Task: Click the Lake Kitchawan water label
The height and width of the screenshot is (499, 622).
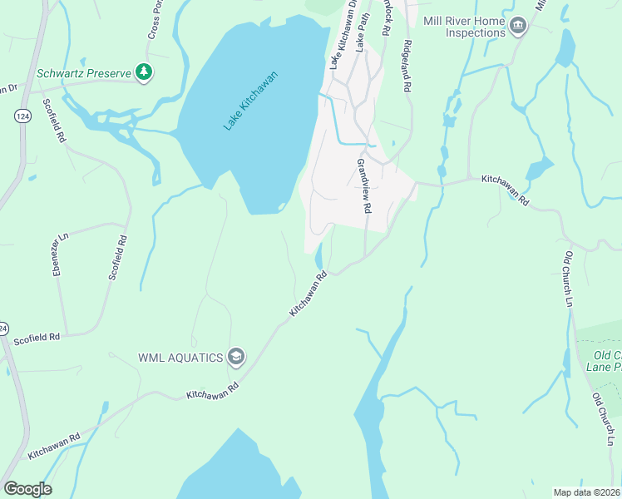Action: tap(249, 101)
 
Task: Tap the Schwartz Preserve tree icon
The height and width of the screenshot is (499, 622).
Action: tap(146, 73)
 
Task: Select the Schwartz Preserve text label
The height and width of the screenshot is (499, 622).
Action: tap(84, 73)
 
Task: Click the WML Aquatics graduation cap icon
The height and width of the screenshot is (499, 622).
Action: tap(236, 357)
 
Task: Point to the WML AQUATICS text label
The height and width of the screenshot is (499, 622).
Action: tap(180, 358)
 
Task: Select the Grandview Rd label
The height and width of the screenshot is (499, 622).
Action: tap(362, 185)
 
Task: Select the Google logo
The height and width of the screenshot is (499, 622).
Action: tap(27, 489)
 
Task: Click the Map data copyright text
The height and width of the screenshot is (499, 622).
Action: tap(586, 492)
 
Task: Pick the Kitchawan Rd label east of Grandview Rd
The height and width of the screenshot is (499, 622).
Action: tap(506, 189)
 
